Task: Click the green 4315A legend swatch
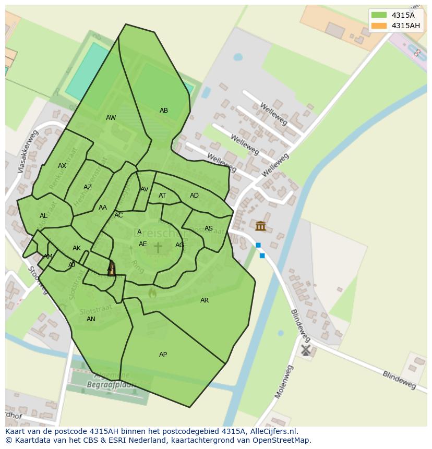[379, 15]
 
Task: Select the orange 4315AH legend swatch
[379, 26]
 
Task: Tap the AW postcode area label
[111, 118]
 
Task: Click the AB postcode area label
[164, 111]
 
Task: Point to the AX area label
[62, 166]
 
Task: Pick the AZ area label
[88, 187]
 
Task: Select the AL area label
[43, 216]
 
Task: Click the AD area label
[194, 196]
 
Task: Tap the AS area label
[209, 228]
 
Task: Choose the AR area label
[205, 300]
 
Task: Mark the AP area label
[163, 355]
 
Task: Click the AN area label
[91, 319]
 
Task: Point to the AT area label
[162, 196]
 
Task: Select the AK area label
[77, 248]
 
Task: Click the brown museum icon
[260, 226]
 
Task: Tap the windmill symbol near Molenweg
[306, 350]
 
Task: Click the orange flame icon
[152, 293]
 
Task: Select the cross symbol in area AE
[158, 247]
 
